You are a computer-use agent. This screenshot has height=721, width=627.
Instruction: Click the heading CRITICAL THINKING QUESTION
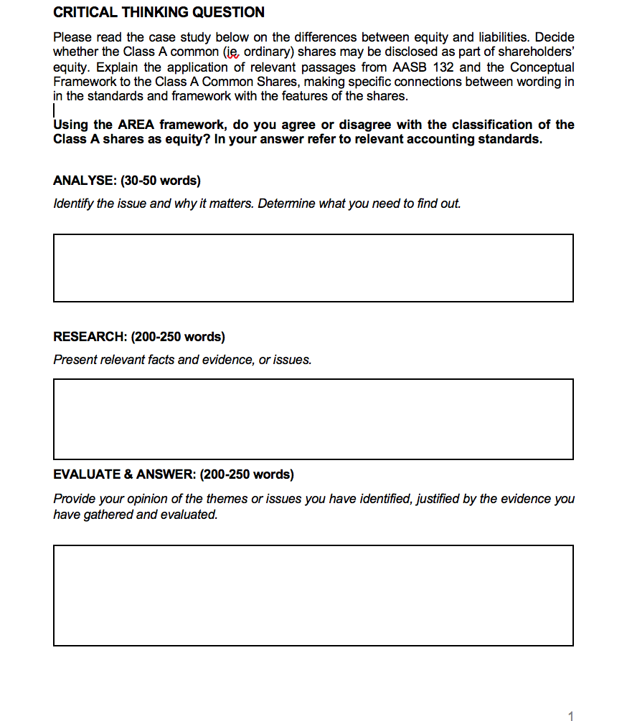(159, 12)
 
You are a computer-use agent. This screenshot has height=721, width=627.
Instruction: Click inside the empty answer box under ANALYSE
(313, 267)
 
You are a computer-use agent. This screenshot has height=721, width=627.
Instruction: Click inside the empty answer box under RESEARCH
(313, 419)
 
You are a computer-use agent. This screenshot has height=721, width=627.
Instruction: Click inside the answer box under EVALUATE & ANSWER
(313, 595)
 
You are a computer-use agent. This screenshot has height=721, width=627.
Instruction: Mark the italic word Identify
(73, 204)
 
